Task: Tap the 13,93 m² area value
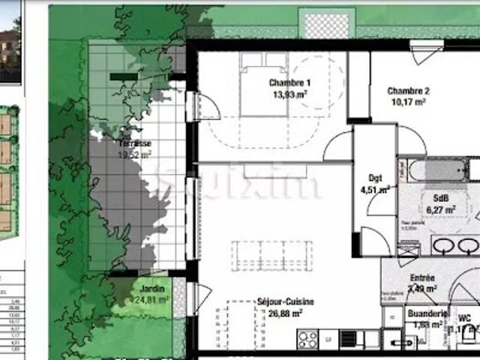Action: coord(290,94)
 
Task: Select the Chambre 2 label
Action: coord(407,91)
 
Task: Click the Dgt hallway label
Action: coord(376,178)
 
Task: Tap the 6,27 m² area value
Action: coord(440,211)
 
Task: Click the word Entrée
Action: coord(422,277)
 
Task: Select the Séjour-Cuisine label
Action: coord(286,301)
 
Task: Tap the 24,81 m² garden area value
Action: coord(152,300)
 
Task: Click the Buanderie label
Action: coord(427,313)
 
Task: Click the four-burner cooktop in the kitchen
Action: coord(307,340)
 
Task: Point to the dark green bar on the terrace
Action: coord(123,76)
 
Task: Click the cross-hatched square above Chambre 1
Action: coord(328,24)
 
